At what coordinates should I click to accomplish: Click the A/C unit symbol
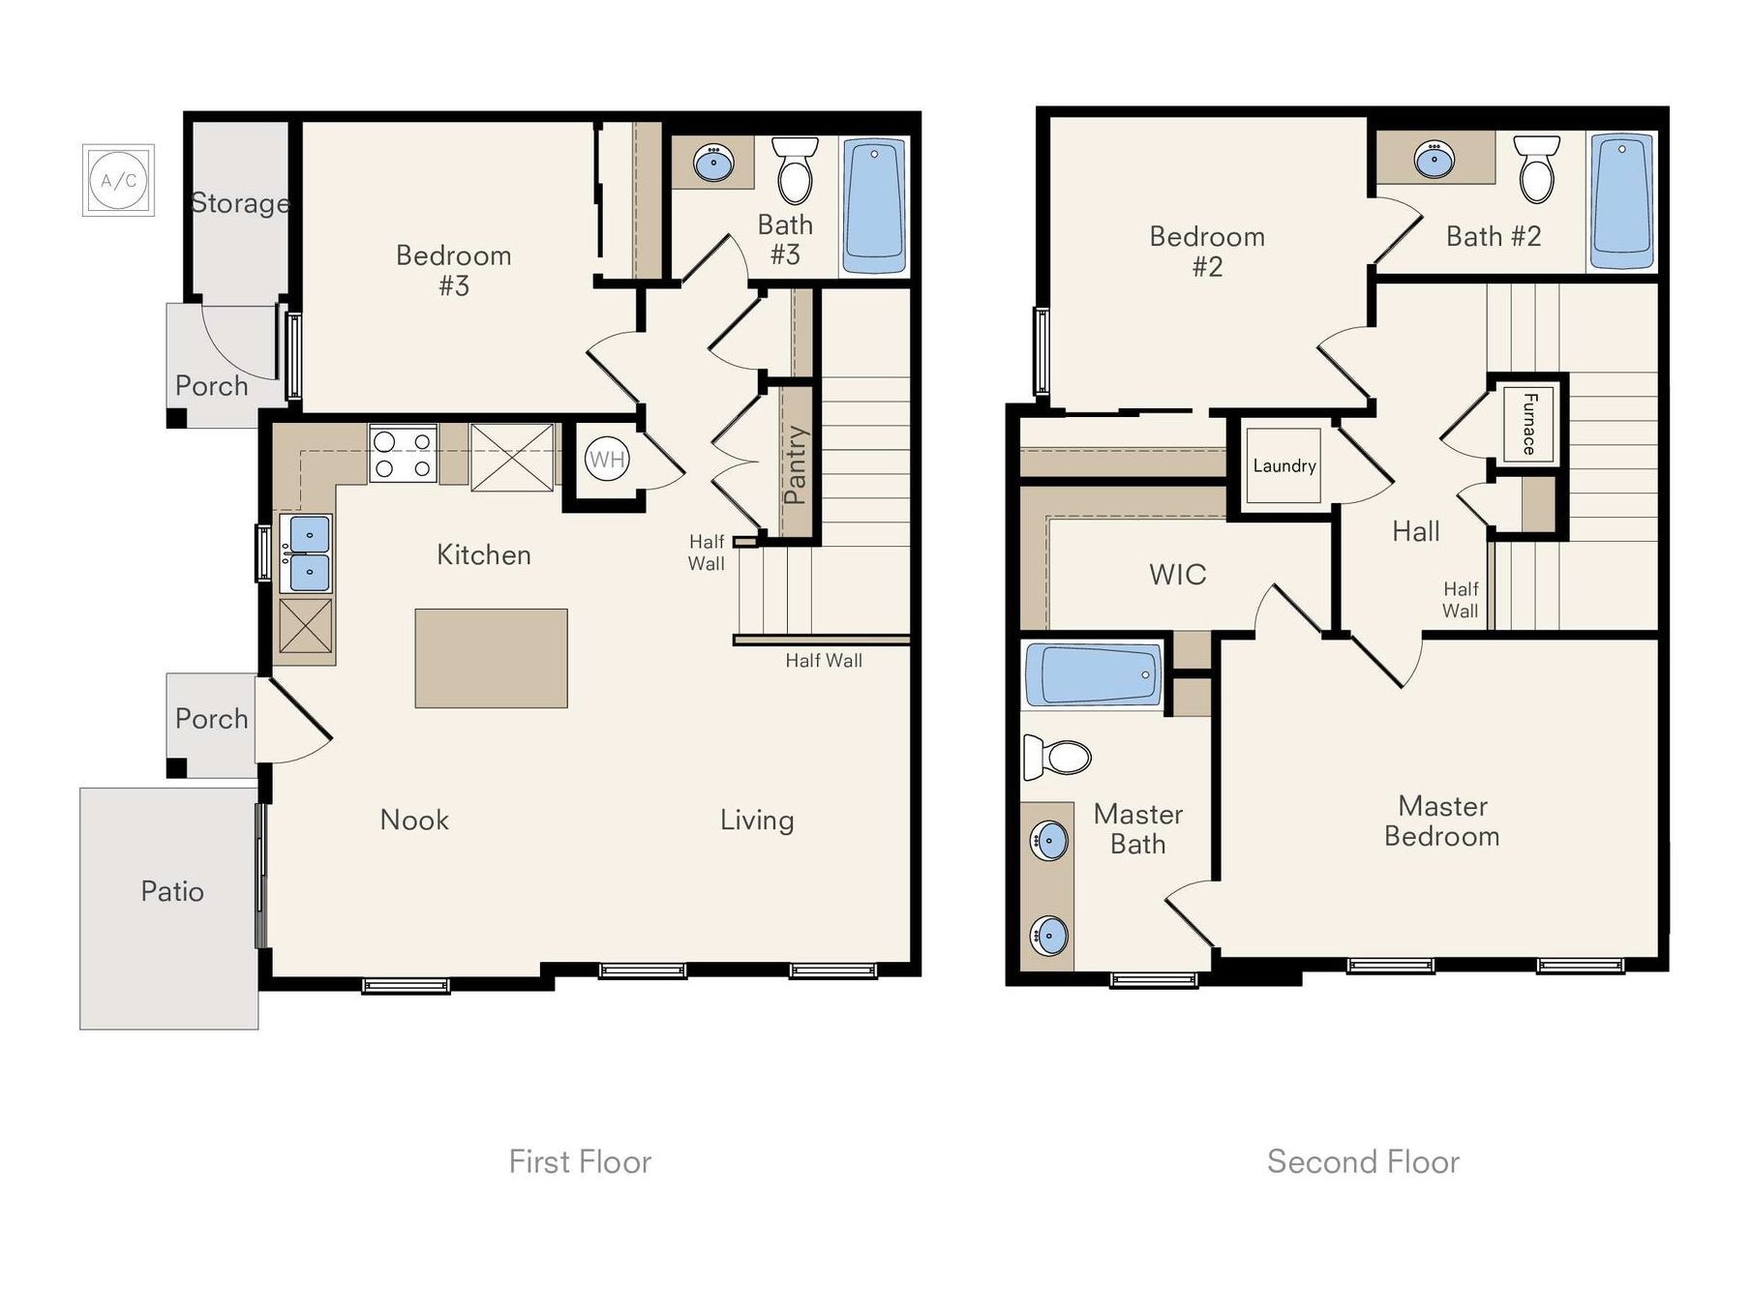click(x=118, y=181)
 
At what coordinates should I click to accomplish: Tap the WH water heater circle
click(x=607, y=459)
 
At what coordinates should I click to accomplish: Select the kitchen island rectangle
click(x=491, y=658)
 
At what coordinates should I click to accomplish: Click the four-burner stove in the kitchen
click(x=403, y=454)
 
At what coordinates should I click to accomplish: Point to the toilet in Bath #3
click(x=795, y=170)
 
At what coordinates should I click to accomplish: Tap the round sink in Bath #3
click(x=714, y=163)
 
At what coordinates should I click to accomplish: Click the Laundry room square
click(x=1284, y=465)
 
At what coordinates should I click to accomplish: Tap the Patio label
click(x=172, y=891)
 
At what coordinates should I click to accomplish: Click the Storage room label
click(x=240, y=203)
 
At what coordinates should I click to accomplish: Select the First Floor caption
click(x=580, y=1161)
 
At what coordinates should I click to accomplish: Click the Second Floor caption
click(x=1362, y=1161)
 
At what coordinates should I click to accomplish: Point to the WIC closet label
click(x=1177, y=574)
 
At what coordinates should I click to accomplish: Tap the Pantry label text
click(x=796, y=464)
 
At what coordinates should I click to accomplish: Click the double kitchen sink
click(x=306, y=553)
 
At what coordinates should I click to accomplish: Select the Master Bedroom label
click(x=1441, y=821)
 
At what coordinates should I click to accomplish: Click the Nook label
click(x=414, y=820)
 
